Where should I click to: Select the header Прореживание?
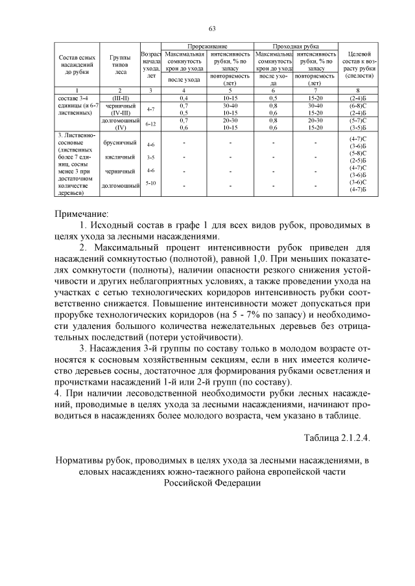(x=207, y=47)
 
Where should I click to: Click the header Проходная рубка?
(x=296, y=47)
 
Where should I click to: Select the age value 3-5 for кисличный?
(x=150, y=157)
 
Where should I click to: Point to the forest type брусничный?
(x=119, y=142)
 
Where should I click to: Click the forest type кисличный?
(x=119, y=157)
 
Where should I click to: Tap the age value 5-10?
(x=150, y=183)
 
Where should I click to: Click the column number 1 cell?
(x=77, y=90)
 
